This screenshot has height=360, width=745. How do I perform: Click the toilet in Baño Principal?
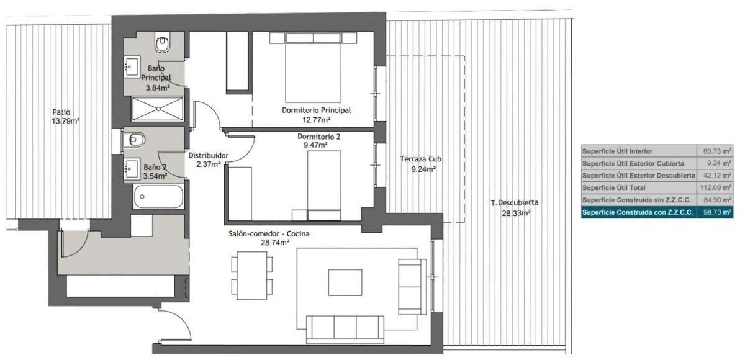(162, 43)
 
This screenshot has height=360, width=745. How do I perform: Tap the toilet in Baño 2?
(134, 140)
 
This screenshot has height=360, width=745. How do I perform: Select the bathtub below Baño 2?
(159, 197)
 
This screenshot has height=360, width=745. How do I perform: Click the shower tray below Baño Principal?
(158, 109)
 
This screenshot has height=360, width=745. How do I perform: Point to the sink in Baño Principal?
(132, 67)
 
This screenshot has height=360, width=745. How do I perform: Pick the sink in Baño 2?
(132, 169)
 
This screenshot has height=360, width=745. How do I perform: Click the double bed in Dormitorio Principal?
(313, 67)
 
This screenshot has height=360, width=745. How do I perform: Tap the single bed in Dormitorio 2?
(324, 185)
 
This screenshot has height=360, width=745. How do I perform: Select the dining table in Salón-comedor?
(252, 276)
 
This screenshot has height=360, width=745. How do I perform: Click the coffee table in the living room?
(345, 282)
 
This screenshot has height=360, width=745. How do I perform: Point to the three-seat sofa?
(345, 330)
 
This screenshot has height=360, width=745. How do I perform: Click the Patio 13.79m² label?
(66, 117)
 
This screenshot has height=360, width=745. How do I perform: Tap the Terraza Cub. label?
(422, 159)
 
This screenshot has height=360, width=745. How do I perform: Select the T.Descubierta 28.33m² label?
(515, 208)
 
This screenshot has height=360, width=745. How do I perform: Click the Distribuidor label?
(209, 155)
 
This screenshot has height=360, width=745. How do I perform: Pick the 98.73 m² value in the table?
(718, 212)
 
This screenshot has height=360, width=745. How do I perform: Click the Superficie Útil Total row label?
(613, 188)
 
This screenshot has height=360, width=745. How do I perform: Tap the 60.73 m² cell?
(717, 151)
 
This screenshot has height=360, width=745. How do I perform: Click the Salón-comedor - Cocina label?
(269, 233)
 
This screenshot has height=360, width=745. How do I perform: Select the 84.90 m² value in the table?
(718, 200)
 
